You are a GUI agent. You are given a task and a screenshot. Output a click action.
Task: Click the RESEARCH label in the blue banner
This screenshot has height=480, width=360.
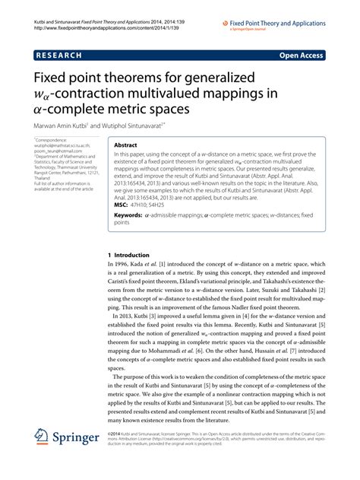point(62,55)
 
